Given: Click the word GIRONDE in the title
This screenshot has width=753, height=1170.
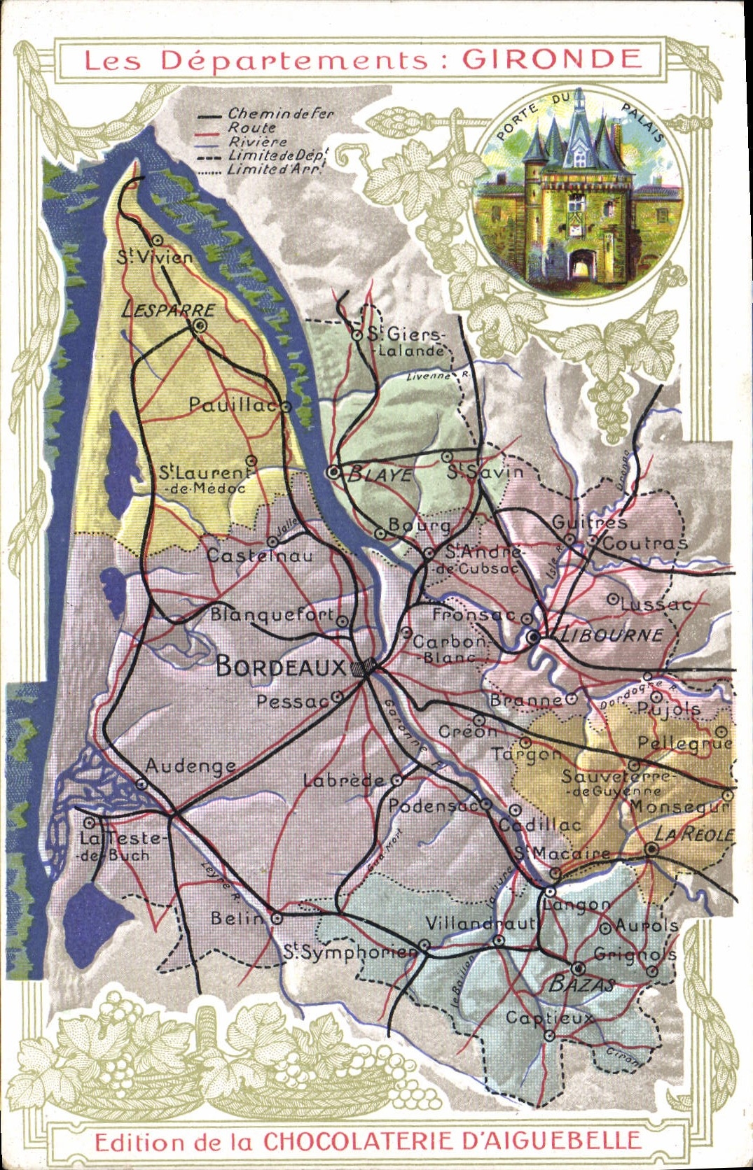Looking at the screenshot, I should pos(551,59).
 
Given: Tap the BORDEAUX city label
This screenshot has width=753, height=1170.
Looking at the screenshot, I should pos(281,666).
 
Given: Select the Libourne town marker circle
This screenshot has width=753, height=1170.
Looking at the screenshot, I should pos(534,637).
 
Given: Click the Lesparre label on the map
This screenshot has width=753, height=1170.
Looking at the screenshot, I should pos(168,310).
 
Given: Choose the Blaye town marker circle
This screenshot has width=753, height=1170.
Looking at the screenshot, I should pos(334,472).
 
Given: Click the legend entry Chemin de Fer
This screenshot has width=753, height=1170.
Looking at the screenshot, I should pos(280,113).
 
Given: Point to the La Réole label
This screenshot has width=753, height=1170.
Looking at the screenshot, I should pos(693,834).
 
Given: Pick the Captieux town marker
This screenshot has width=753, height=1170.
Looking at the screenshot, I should pos(550,1036).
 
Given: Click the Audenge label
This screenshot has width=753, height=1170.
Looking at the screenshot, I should pos(190,766).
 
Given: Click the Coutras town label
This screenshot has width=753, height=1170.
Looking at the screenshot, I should pos(644,543).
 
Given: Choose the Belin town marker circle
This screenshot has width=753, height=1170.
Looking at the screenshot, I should pos(277,917).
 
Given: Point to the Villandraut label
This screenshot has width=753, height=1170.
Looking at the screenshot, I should pos(481,924).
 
